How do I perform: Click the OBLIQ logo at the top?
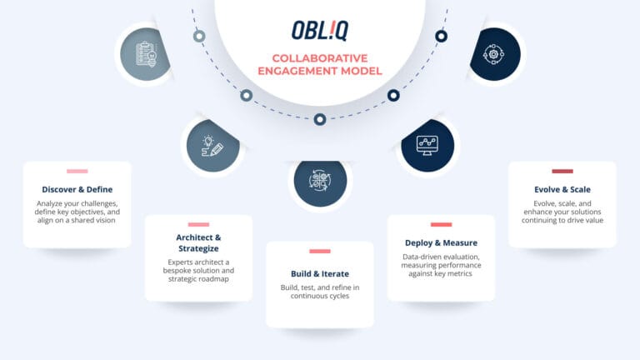pyautogui.click(x=319, y=30)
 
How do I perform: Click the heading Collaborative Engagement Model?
pyautogui.click(x=319, y=64)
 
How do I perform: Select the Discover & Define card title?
pyautogui.click(x=77, y=189)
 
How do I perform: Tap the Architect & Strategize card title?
pyautogui.click(x=198, y=242)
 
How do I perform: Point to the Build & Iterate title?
pyautogui.click(x=319, y=273)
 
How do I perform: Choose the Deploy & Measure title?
pyautogui.click(x=441, y=243)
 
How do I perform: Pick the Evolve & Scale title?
pyautogui.click(x=562, y=189)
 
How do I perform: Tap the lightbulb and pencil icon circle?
pyautogui.click(x=213, y=146)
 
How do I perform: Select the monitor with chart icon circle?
pyautogui.click(x=427, y=146)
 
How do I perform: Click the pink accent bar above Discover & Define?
pyautogui.click(x=77, y=172)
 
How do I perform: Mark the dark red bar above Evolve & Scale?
pyautogui.click(x=562, y=172)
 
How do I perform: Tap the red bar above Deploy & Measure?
pyautogui.click(x=441, y=225)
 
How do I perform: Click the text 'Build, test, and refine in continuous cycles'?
pyautogui.click(x=319, y=292)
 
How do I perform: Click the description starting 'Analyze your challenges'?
pyautogui.click(x=77, y=212)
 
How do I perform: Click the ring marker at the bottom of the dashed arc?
pyautogui.click(x=319, y=119)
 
